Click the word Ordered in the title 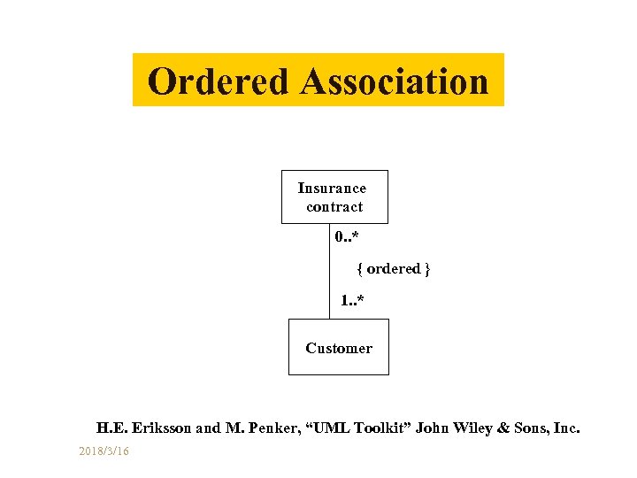(219, 81)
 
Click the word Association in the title (394, 81)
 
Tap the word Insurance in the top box (332, 188)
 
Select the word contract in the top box (334, 207)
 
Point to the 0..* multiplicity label (347, 237)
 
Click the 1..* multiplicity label (352, 302)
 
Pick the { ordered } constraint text (394, 268)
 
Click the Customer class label (339, 348)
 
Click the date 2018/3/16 (104, 451)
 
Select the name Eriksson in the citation (161, 428)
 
